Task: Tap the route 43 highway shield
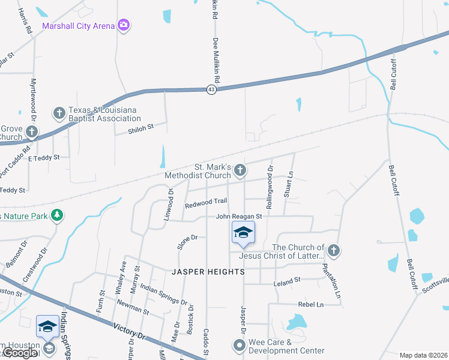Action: [x=211, y=89]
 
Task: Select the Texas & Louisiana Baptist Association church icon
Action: [x=59, y=112]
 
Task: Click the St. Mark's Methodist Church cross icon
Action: [x=240, y=170]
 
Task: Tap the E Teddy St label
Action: [x=44, y=157]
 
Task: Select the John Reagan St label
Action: [x=239, y=216]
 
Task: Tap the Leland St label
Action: [x=286, y=280]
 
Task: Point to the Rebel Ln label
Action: [x=310, y=304]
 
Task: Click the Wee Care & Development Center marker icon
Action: [x=239, y=345]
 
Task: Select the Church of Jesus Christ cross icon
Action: [x=333, y=250]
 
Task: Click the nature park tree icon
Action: [x=57, y=214]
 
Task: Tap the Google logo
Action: [x=20, y=353]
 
